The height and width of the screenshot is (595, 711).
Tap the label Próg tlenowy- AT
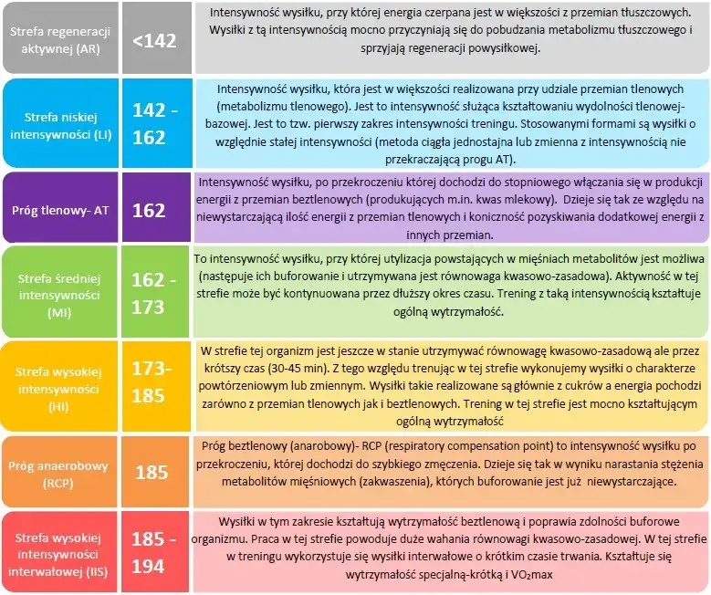pyautogui.click(x=60, y=210)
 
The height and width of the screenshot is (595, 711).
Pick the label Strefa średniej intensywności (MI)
pyautogui.click(x=59, y=292)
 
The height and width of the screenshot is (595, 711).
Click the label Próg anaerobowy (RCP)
pyautogui.click(x=59, y=472)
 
